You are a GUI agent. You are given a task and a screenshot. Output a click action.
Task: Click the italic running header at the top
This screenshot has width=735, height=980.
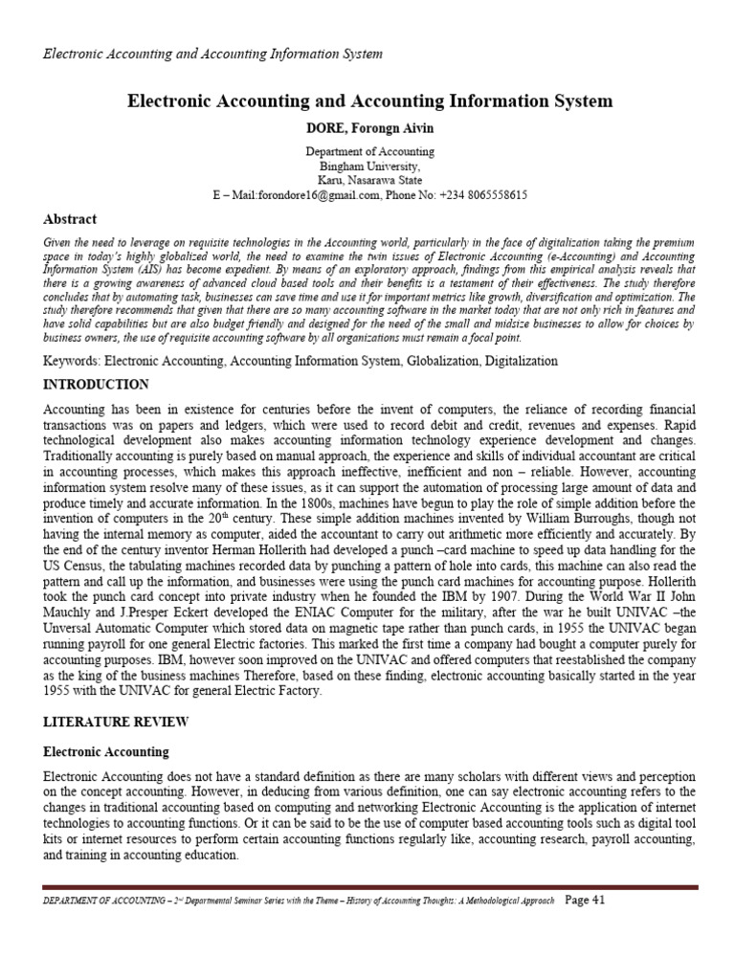212,54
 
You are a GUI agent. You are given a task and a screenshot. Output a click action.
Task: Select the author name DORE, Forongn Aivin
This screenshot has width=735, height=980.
369,128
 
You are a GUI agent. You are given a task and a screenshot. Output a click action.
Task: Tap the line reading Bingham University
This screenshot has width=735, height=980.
369,166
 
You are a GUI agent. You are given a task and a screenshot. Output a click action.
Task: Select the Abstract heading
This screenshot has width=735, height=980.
70,219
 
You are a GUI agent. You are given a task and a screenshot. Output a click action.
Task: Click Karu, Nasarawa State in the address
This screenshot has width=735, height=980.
369,180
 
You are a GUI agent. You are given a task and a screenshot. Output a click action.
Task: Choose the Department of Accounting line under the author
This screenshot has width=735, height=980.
369,151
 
